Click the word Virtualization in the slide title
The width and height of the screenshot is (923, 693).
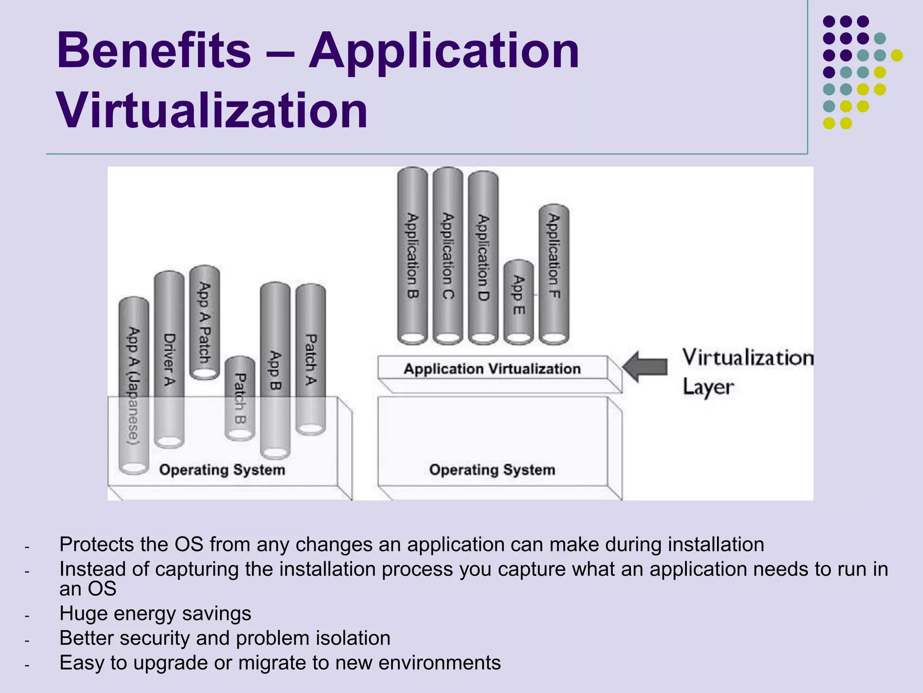(212, 111)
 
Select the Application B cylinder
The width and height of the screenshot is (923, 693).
(412, 255)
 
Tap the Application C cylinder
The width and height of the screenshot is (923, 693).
(448, 255)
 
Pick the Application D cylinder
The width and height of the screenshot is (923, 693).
(483, 257)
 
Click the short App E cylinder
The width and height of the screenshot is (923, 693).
(518, 301)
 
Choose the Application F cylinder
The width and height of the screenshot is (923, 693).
(554, 273)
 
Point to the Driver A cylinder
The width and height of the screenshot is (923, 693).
(169, 359)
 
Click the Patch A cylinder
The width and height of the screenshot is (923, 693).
(311, 359)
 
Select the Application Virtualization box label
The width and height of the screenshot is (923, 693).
(492, 369)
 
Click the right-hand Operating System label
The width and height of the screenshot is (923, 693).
(492, 470)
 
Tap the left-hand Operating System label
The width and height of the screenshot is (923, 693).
(222, 470)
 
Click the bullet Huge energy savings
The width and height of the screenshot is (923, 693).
(155, 614)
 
